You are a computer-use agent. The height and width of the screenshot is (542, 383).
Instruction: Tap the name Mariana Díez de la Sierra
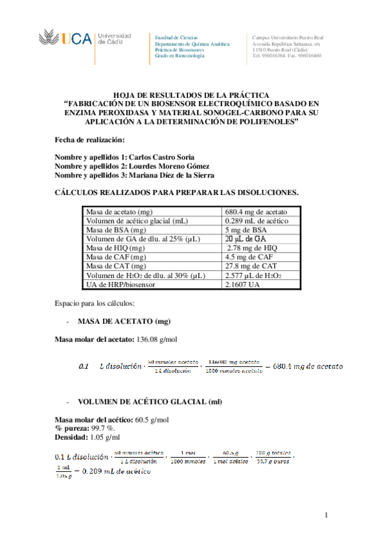172,175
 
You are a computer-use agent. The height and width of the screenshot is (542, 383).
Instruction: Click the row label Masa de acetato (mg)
121,212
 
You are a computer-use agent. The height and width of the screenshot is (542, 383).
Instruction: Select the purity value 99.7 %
102,428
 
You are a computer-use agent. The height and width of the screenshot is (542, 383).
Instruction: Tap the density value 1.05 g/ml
105,437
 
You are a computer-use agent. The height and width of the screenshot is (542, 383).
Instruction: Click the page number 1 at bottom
325,515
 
